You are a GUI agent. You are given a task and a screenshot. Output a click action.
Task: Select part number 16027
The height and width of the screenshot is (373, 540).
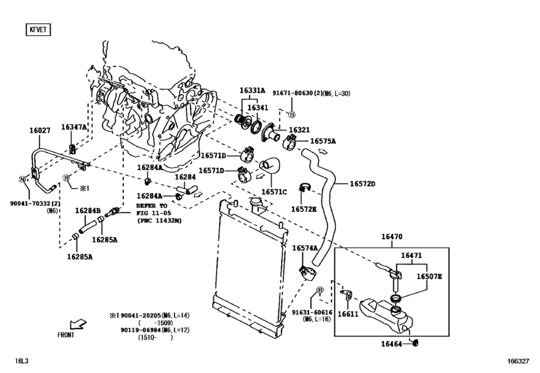[x=39, y=132]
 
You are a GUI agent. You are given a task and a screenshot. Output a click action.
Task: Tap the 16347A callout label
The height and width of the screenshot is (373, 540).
[x=73, y=127]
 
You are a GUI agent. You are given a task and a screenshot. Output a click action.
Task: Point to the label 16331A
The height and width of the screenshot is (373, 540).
[x=252, y=91]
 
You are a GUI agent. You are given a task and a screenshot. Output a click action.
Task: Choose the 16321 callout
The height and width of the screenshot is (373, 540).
[x=299, y=131]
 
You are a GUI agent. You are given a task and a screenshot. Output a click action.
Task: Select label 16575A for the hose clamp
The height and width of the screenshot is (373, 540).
[x=323, y=141]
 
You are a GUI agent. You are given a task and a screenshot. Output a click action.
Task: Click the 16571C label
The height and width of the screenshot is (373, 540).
[x=274, y=192]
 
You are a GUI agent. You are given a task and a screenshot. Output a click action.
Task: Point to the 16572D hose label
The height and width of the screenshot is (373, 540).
[x=363, y=184]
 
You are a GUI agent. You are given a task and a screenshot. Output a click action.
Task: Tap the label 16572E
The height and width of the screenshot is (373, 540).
[x=304, y=209]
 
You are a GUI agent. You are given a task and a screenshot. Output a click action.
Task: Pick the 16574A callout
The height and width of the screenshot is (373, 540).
[x=305, y=248]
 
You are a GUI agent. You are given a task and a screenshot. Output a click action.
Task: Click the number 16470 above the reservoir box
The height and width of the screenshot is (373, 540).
[x=392, y=236]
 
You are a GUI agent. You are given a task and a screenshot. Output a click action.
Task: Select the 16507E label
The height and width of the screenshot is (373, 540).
[x=429, y=276]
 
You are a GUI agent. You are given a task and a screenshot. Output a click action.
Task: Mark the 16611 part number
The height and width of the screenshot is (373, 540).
[x=348, y=314]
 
